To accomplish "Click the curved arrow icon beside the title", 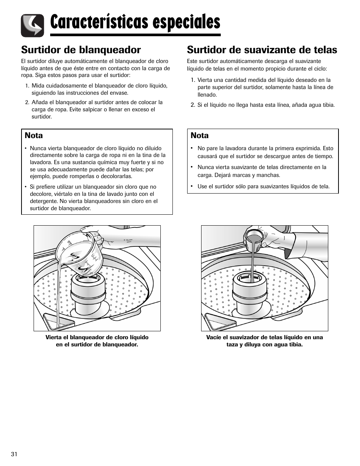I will click(x=32, y=26).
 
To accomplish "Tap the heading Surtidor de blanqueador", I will click(x=81, y=50).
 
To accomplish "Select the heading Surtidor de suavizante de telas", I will click(x=262, y=50).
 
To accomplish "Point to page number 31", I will click(x=14, y=454).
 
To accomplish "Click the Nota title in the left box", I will click(x=34, y=135).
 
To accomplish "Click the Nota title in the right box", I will click(x=199, y=135).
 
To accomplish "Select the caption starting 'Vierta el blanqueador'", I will click(x=97, y=341).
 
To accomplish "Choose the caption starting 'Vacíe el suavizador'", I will click(x=265, y=341).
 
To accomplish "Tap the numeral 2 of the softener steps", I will click(x=192, y=105).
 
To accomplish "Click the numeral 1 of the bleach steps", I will click(x=27, y=86).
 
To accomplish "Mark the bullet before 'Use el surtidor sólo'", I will click(x=192, y=186).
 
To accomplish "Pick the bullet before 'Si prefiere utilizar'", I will click(x=26, y=187).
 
